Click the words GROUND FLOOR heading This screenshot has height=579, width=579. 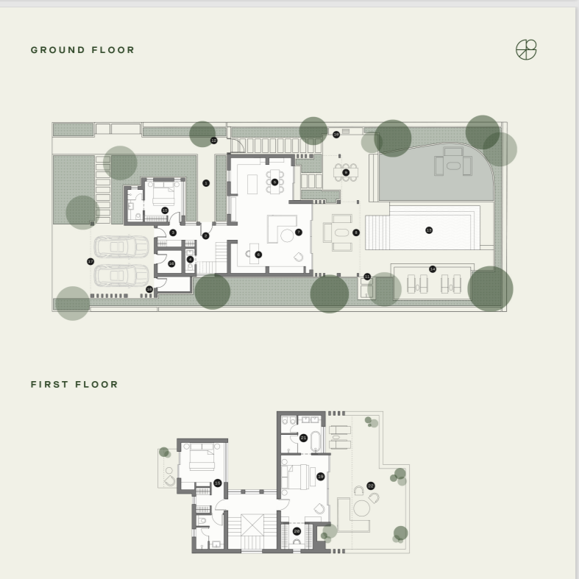82,50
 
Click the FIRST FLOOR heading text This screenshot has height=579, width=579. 74,384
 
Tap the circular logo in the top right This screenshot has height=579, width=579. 526,49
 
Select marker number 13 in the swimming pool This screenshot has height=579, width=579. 429,230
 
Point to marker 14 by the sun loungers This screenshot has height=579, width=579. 433,269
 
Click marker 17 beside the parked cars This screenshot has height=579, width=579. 90,261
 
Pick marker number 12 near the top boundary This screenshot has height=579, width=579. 214,140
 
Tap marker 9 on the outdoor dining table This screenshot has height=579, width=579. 346,172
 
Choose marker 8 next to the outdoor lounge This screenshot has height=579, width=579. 356,232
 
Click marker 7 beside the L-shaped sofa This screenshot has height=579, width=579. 299,232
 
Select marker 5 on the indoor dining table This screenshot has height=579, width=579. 274,182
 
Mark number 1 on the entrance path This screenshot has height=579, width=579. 206,182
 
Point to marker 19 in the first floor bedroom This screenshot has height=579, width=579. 321,477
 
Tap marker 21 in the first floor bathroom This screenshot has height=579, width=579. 303,438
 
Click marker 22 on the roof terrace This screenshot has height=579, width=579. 371,486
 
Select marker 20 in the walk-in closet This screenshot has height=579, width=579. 296,531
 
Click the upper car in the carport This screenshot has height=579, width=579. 121,246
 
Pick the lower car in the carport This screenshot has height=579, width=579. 121,275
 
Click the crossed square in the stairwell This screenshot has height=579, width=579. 252,527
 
